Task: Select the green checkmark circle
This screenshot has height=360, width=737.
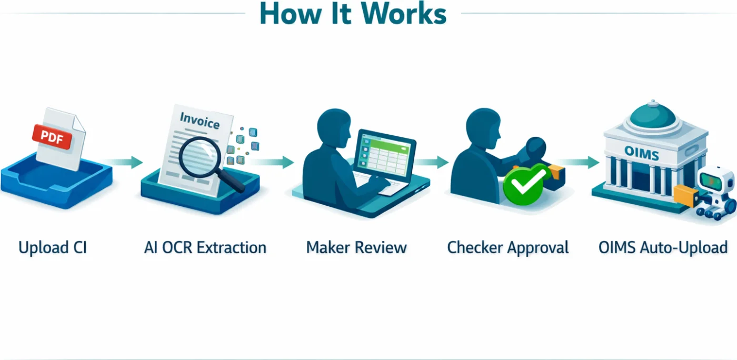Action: tap(525, 181)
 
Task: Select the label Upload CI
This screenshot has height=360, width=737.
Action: tap(52, 247)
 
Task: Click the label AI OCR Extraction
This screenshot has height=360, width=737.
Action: tap(205, 247)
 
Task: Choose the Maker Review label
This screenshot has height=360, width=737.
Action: tap(356, 247)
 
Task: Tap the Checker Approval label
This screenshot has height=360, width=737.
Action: tap(508, 247)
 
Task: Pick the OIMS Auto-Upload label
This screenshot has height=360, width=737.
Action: tap(663, 247)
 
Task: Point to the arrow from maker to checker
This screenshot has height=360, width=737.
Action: tap(432, 162)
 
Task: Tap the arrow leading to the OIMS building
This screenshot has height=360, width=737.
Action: tap(579, 162)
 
